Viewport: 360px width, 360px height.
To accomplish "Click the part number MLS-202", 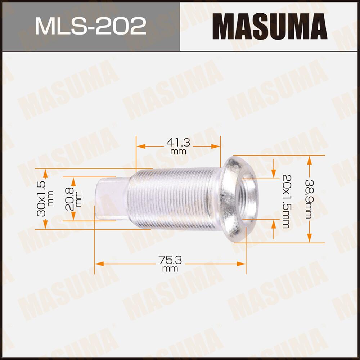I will click(x=90, y=26).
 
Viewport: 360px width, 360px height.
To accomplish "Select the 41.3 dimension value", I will click(x=178, y=143).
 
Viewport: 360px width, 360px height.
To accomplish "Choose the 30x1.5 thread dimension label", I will click(x=42, y=199).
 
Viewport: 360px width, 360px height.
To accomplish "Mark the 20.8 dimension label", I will click(x=71, y=198).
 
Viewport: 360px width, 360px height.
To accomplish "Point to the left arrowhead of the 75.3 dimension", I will click(x=99, y=264).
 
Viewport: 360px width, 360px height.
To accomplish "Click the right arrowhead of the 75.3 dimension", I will click(x=241, y=264).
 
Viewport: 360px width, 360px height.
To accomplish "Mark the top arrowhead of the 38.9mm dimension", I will click(x=309, y=160).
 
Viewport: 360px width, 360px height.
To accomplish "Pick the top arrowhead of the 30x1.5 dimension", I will click(x=45, y=172).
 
